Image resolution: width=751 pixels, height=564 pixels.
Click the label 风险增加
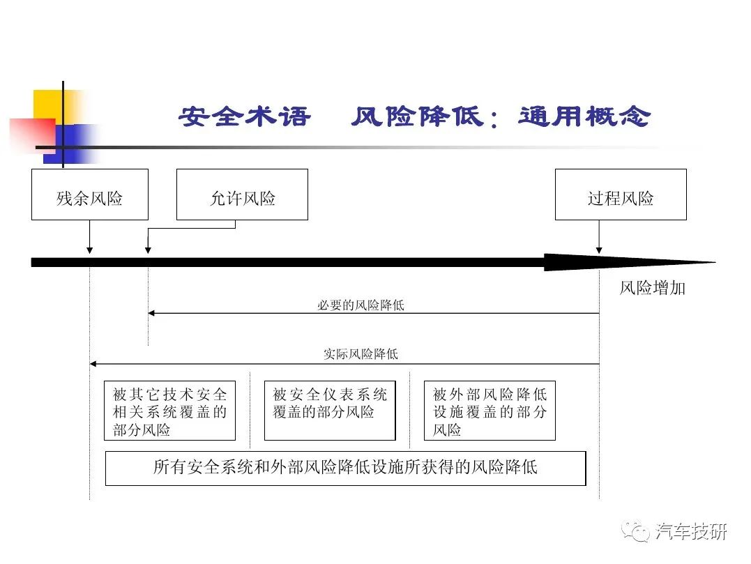(x=653, y=288)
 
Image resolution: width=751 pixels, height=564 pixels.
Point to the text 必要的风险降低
(x=361, y=305)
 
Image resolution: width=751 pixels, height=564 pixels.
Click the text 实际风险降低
(x=361, y=354)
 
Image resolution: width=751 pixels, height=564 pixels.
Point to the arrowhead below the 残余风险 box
(x=89, y=250)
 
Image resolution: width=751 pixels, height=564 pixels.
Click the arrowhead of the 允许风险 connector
(x=148, y=250)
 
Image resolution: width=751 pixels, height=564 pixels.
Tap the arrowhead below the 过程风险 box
(x=599, y=250)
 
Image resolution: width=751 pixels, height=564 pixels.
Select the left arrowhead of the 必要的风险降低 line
(x=151, y=313)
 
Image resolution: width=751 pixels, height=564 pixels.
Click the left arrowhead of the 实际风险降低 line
(x=93, y=364)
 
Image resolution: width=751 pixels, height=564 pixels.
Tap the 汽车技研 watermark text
(x=692, y=531)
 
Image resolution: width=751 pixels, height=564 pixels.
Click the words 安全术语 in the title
(x=245, y=116)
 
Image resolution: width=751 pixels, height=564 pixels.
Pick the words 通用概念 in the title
(x=584, y=116)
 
